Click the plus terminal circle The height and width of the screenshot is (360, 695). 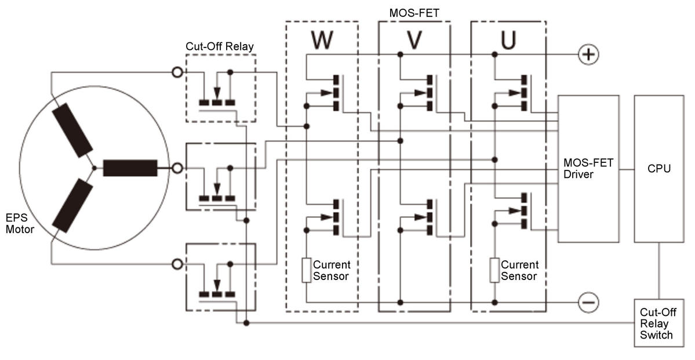pyautogui.click(x=588, y=54)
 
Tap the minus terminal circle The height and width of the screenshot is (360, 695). pyautogui.click(x=588, y=303)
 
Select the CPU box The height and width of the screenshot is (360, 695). pyautogui.click(x=658, y=169)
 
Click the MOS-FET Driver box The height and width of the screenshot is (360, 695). pyautogui.click(x=588, y=169)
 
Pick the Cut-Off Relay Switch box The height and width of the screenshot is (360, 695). pyautogui.click(x=658, y=322)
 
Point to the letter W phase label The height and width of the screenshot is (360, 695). pyautogui.click(x=322, y=41)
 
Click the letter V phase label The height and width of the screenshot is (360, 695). pyautogui.click(x=414, y=41)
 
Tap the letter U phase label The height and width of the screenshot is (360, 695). pyautogui.click(x=508, y=41)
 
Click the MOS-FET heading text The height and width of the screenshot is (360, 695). pyautogui.click(x=414, y=13)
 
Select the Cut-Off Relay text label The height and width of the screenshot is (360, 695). pyautogui.click(x=220, y=46)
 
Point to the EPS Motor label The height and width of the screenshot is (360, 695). pyautogui.click(x=20, y=223)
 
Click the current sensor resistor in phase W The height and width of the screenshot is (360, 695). pyautogui.click(x=306, y=270)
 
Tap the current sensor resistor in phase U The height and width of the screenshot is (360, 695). pyautogui.click(x=494, y=270)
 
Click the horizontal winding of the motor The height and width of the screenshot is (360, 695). pyautogui.click(x=130, y=168)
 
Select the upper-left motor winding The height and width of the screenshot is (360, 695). pyautogui.click(x=72, y=130)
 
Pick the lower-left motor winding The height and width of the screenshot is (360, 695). pyautogui.click(x=72, y=206)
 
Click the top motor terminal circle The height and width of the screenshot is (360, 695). pyautogui.click(x=177, y=72)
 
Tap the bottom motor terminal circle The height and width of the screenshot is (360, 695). pyautogui.click(x=177, y=264)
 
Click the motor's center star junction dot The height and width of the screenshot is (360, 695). pyautogui.click(x=94, y=168)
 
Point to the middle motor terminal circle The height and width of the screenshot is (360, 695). pyautogui.click(x=177, y=168)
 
